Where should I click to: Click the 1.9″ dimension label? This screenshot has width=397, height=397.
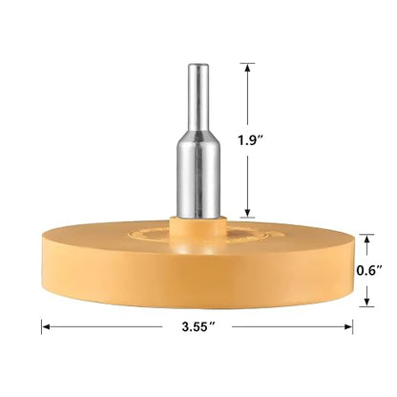tap(252, 140)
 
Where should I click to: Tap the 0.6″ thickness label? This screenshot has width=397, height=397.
tap(369, 270)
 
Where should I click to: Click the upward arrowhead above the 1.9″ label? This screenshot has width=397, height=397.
tap(247, 68)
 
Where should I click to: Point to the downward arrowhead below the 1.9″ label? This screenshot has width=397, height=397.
tap(247, 213)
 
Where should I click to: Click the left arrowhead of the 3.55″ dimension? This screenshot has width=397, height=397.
tap(47, 326)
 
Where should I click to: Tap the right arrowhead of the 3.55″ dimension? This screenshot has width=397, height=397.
tap(347, 326)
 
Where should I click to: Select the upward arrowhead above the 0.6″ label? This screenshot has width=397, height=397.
tap(366, 240)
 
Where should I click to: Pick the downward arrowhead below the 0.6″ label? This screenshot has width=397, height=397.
tap(366, 302)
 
